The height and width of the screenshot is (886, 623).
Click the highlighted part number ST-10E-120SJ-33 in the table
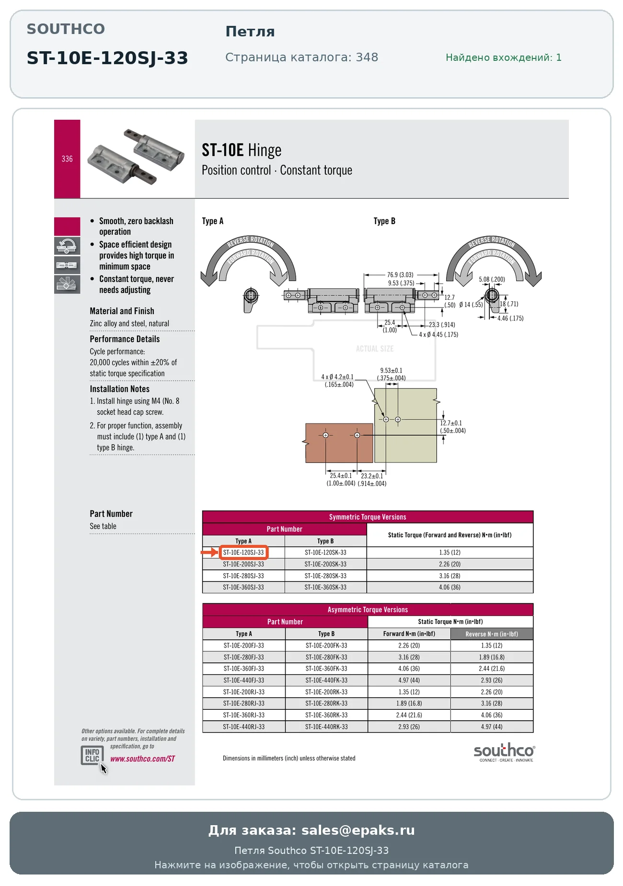click(243, 552)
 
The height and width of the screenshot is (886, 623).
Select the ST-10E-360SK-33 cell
click(325, 587)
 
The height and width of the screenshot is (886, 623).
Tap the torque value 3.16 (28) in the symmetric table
click(450, 576)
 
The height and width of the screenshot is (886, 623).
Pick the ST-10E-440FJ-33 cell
click(243, 680)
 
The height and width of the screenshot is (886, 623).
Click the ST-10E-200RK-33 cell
click(326, 692)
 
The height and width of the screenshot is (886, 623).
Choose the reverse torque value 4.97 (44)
click(492, 727)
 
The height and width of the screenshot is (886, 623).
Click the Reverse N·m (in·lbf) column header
click(492, 634)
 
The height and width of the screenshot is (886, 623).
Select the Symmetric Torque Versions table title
click(368, 517)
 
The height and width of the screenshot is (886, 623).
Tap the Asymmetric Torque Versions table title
click(368, 610)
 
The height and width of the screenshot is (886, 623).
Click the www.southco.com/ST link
click(142, 759)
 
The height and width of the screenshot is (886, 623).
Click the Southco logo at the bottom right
click(504, 752)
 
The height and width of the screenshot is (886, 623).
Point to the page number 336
click(67, 159)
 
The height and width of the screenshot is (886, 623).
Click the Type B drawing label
click(384, 221)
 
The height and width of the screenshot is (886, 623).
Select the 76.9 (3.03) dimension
click(400, 274)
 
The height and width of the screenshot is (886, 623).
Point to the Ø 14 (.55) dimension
click(471, 305)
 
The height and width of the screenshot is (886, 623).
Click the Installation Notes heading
click(119, 389)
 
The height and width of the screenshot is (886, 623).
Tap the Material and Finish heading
click(122, 311)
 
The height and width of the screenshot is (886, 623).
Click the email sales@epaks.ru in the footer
click(358, 830)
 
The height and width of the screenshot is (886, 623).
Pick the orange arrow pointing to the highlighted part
click(209, 552)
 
